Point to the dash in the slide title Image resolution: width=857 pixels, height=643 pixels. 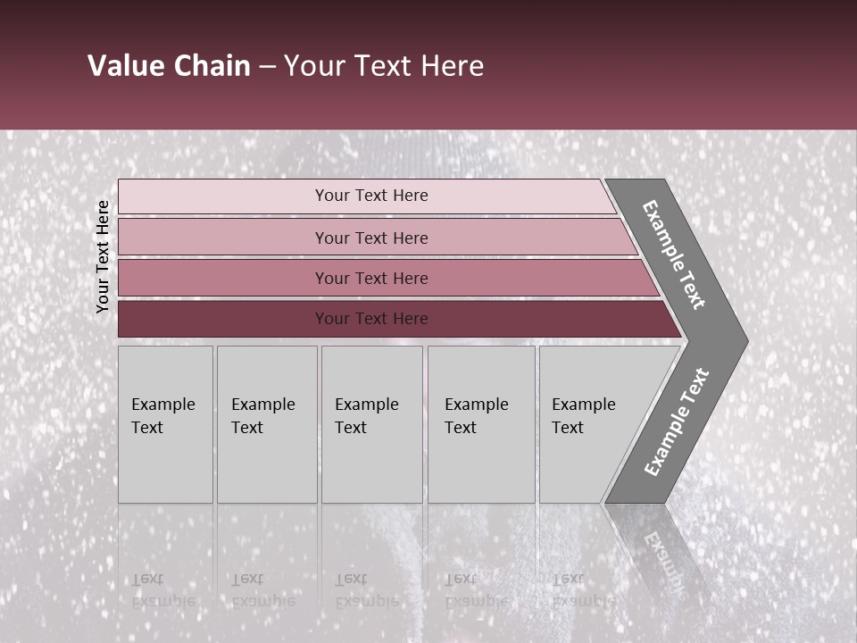click(267, 67)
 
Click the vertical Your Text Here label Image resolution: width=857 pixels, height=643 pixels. click(103, 256)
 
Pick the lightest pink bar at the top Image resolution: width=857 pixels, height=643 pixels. click(366, 196)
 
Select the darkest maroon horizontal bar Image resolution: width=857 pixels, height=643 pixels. click(393, 319)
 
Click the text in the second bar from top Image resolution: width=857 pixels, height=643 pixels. click(371, 238)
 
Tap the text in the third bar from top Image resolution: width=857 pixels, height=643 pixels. click(371, 278)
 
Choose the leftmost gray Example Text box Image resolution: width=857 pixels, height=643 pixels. click(165, 424)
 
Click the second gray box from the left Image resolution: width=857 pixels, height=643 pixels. click(267, 424)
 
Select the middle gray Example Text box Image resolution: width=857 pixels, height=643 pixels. click(371, 424)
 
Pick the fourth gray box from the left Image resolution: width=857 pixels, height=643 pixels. click(481, 424)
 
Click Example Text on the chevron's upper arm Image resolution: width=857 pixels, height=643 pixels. click(674, 255)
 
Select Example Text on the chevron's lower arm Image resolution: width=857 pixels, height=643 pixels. click(677, 422)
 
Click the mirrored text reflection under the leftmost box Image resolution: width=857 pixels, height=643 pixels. click(163, 589)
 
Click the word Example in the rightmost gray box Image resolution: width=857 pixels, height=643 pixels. click(584, 404)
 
